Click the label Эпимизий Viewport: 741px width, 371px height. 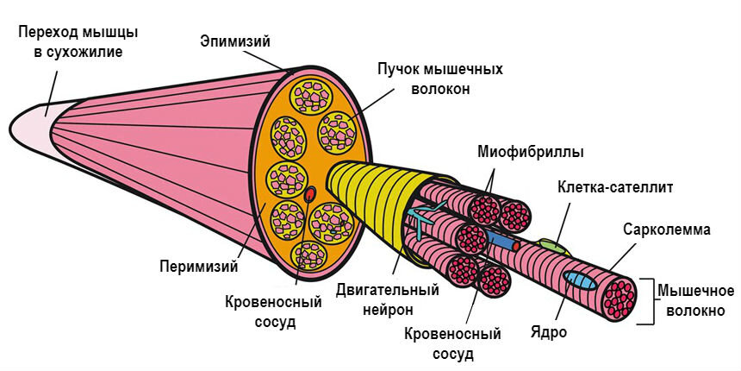pyautogui.click(x=235, y=41)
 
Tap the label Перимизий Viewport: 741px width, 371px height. pyautogui.click(x=197, y=265)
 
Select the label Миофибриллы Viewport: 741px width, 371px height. pyautogui.click(x=530, y=152)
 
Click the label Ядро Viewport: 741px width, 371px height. pyautogui.click(x=550, y=332)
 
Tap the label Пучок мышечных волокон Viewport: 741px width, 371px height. pyautogui.click(x=439, y=78)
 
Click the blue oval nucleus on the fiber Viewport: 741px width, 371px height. pyautogui.click(x=579, y=280)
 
